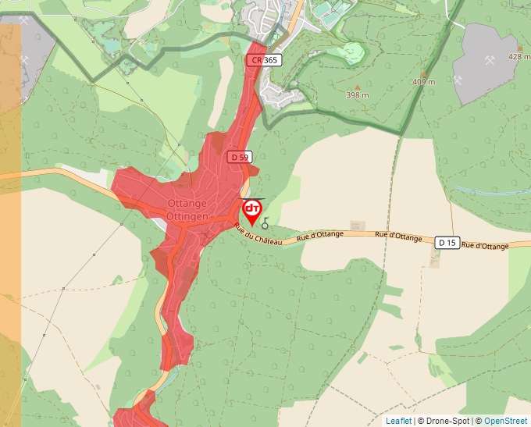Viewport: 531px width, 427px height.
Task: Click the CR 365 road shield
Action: (x=263, y=60)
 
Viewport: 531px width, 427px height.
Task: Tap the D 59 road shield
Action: (x=240, y=157)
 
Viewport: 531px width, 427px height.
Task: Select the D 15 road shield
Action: (x=446, y=243)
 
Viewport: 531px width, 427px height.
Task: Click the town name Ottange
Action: (x=187, y=204)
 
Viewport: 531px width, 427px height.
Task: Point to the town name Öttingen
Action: (x=187, y=215)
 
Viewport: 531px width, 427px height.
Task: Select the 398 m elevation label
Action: (x=358, y=95)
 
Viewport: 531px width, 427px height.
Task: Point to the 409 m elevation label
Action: (x=423, y=82)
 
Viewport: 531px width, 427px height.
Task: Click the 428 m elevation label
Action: (x=519, y=57)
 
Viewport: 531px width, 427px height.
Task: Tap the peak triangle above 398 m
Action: (x=358, y=87)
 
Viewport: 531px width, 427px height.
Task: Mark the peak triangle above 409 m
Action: (x=423, y=73)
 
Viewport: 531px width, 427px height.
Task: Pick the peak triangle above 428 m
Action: (x=519, y=48)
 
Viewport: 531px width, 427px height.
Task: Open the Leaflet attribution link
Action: (x=398, y=421)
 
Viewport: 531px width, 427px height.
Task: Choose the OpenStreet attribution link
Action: (x=505, y=421)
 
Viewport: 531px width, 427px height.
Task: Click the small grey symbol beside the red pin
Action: (x=265, y=224)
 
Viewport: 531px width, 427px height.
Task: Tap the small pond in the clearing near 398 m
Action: (x=352, y=52)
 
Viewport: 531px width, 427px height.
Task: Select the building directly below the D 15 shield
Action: (x=434, y=260)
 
